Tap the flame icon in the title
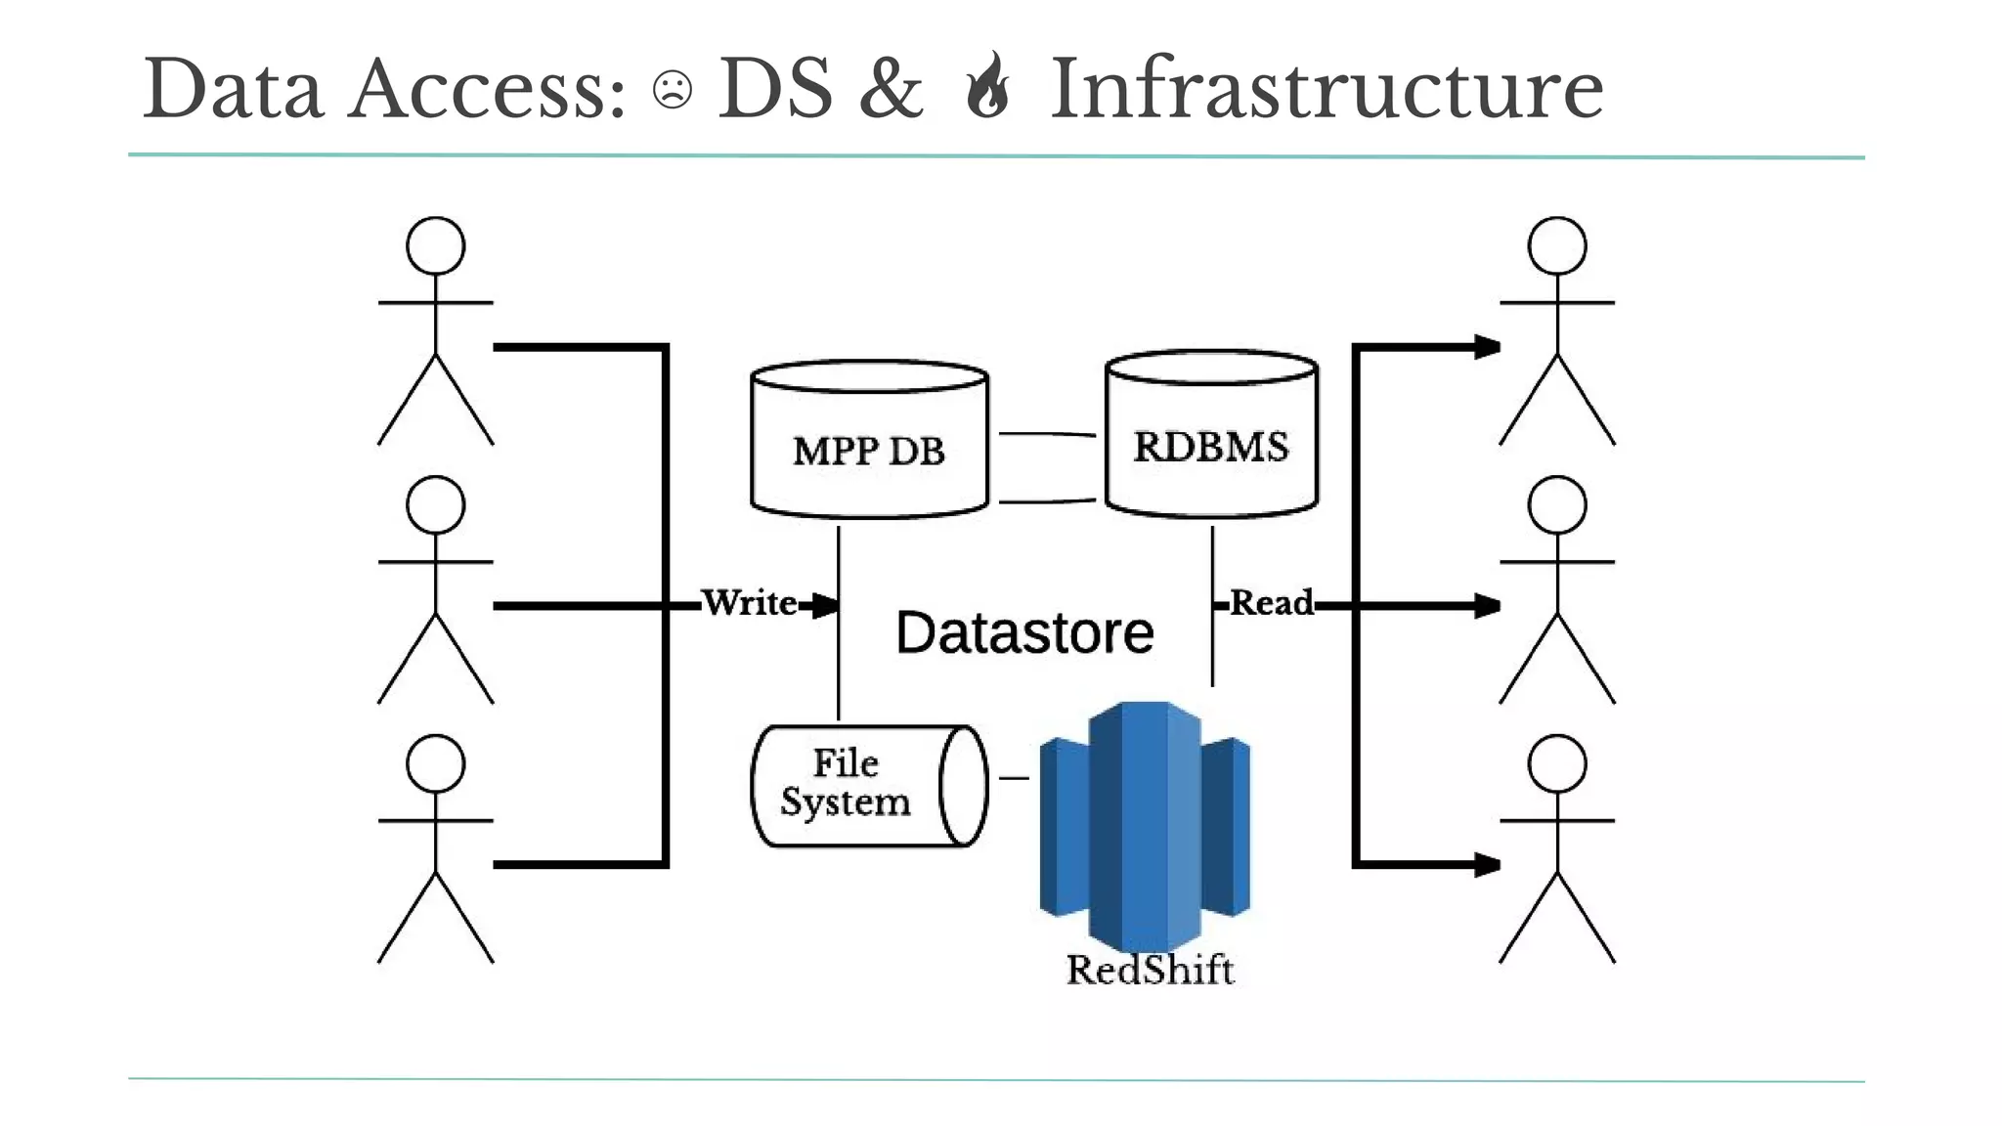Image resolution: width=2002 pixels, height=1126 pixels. [987, 86]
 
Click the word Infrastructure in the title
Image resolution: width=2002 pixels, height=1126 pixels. [1327, 89]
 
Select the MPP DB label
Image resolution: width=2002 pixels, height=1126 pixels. [868, 451]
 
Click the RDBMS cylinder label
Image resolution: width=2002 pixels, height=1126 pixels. [1210, 447]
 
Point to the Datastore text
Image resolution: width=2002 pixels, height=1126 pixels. [1024, 632]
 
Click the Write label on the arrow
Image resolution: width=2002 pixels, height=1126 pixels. [750, 602]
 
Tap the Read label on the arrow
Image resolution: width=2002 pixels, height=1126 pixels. [1271, 602]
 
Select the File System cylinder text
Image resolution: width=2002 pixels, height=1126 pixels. [846, 782]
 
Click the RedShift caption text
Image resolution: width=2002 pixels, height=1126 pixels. [1150, 970]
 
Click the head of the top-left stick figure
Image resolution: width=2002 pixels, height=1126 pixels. [435, 245]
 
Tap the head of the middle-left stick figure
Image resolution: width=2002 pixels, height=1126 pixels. [435, 504]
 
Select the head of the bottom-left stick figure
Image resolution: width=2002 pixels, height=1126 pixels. [435, 763]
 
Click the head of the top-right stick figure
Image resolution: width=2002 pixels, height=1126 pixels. [1556, 245]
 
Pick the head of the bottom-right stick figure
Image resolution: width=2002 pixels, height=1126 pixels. [1556, 763]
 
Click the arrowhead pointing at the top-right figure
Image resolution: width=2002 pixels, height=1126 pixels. [1487, 347]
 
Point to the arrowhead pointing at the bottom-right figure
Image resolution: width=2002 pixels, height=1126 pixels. [1487, 864]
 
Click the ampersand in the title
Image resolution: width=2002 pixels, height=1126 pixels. [891, 90]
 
